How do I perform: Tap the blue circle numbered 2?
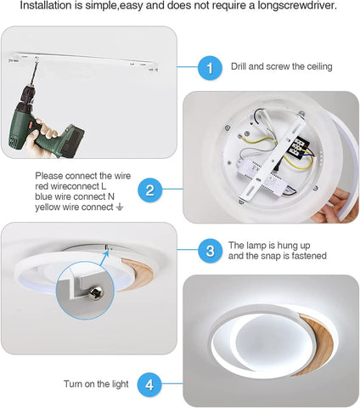(150, 190)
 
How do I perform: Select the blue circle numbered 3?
(210, 251)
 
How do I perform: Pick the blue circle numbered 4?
(150, 384)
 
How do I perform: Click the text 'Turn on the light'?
(96, 384)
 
